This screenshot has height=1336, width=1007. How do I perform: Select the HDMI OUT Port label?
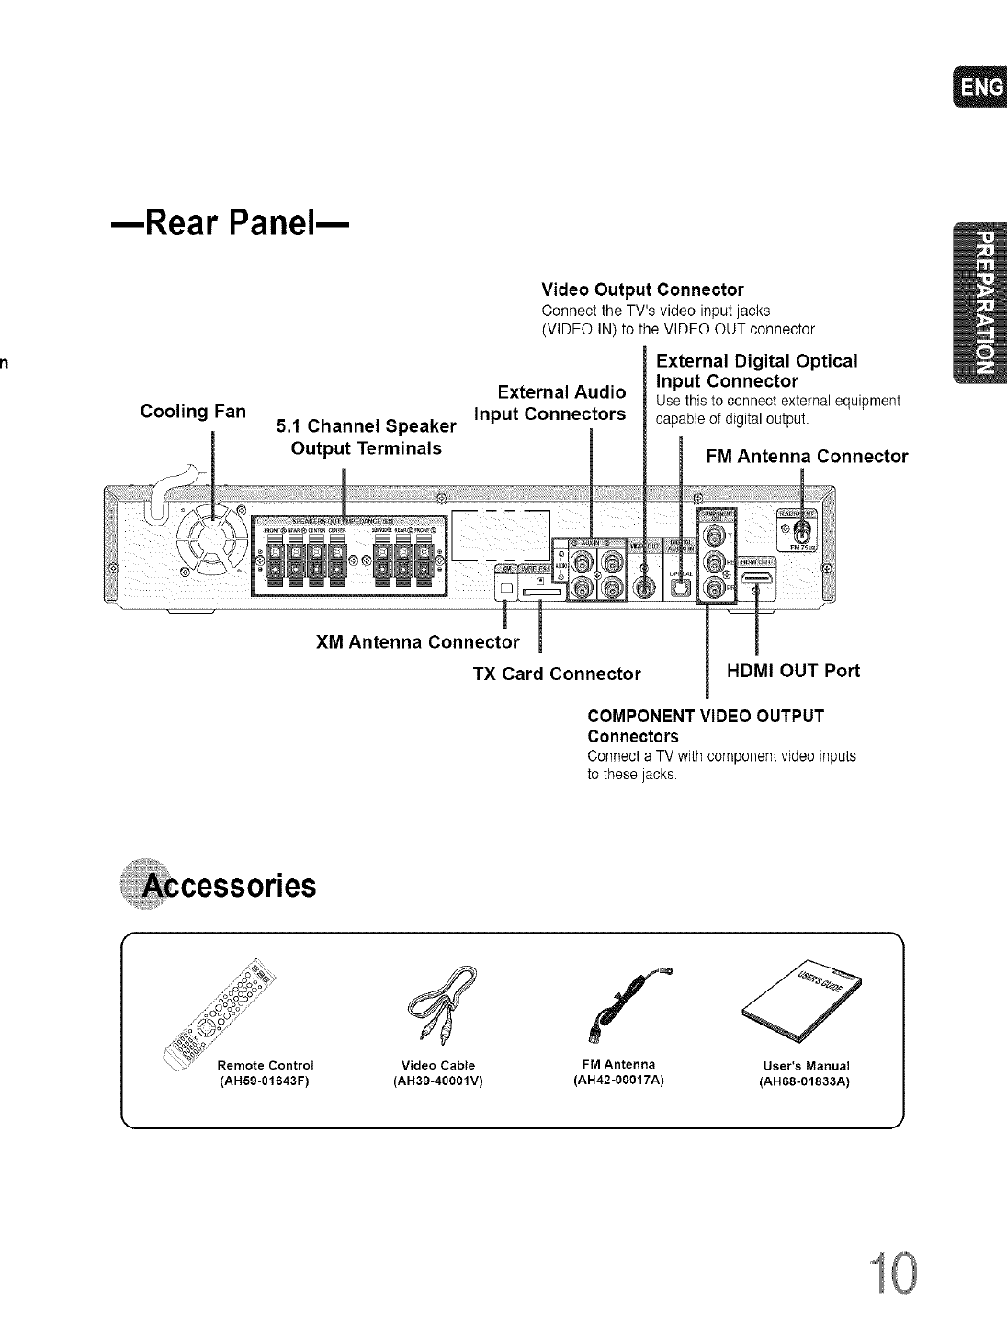click(x=793, y=671)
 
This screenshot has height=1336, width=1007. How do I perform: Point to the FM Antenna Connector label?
click(x=807, y=456)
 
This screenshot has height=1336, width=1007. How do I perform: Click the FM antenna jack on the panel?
click(x=802, y=530)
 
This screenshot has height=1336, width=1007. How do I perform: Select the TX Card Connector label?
click(x=556, y=674)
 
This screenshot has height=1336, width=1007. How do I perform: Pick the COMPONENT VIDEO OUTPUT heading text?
click(x=706, y=716)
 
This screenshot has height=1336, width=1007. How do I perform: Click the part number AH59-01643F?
click(x=262, y=1081)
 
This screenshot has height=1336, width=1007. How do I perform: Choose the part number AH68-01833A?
click(x=805, y=1081)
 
